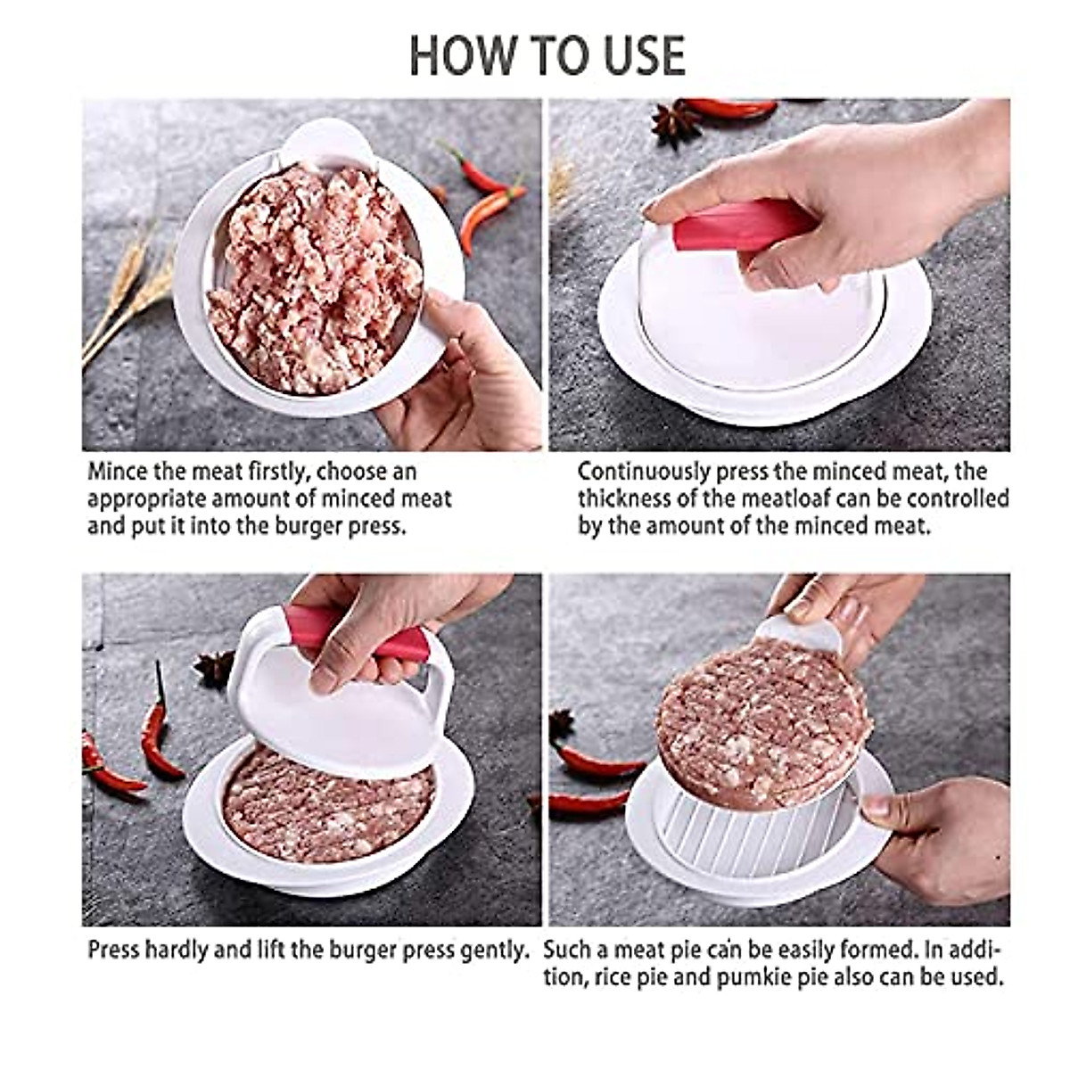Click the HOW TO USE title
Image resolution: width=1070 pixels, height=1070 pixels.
pos(547,55)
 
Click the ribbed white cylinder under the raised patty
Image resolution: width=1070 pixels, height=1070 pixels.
pos(758,834)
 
